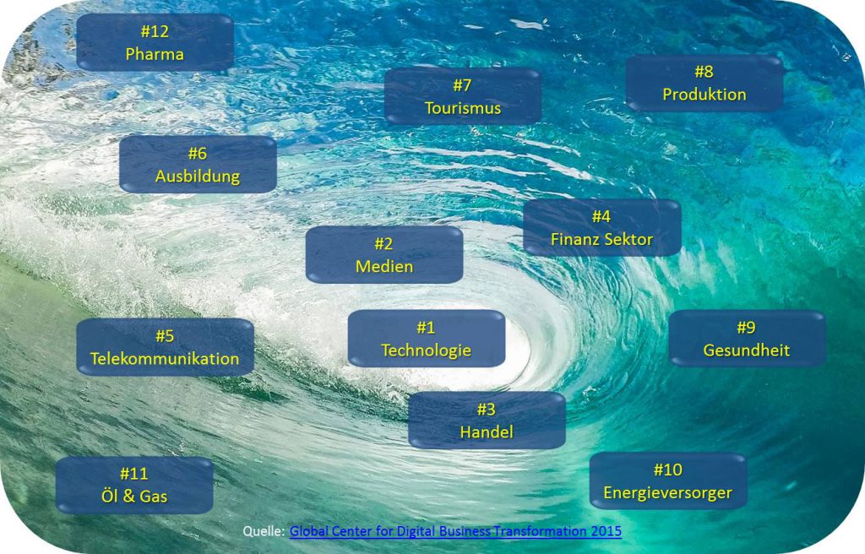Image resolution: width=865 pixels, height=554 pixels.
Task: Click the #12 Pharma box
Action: [x=155, y=42]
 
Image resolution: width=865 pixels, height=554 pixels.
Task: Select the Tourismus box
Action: [x=463, y=96]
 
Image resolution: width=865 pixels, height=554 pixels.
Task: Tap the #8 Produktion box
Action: [x=705, y=83]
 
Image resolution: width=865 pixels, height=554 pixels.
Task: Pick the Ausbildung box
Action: [x=198, y=165]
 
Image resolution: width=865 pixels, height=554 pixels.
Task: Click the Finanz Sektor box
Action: [x=601, y=227]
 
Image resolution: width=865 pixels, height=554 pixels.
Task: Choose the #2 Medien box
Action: [x=384, y=255]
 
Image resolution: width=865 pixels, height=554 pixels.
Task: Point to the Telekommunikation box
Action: [x=165, y=347]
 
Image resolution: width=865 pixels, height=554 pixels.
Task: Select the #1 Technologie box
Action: [x=427, y=339]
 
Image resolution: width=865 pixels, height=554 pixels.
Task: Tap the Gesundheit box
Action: [x=747, y=339]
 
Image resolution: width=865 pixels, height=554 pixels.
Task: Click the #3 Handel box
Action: [x=487, y=421]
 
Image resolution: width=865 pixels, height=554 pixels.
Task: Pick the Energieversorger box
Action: [x=668, y=481]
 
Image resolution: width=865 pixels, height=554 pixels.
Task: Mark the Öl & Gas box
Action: [x=134, y=485]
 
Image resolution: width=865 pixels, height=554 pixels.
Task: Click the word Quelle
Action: [x=264, y=531]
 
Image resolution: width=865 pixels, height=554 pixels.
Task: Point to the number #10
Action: [x=668, y=470]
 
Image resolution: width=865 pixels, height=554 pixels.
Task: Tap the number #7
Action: [x=463, y=85]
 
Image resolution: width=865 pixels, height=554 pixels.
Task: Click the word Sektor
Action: [x=628, y=239]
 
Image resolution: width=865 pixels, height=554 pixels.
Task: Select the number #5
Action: [x=165, y=335]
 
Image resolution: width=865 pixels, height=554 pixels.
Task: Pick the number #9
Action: [x=747, y=327]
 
